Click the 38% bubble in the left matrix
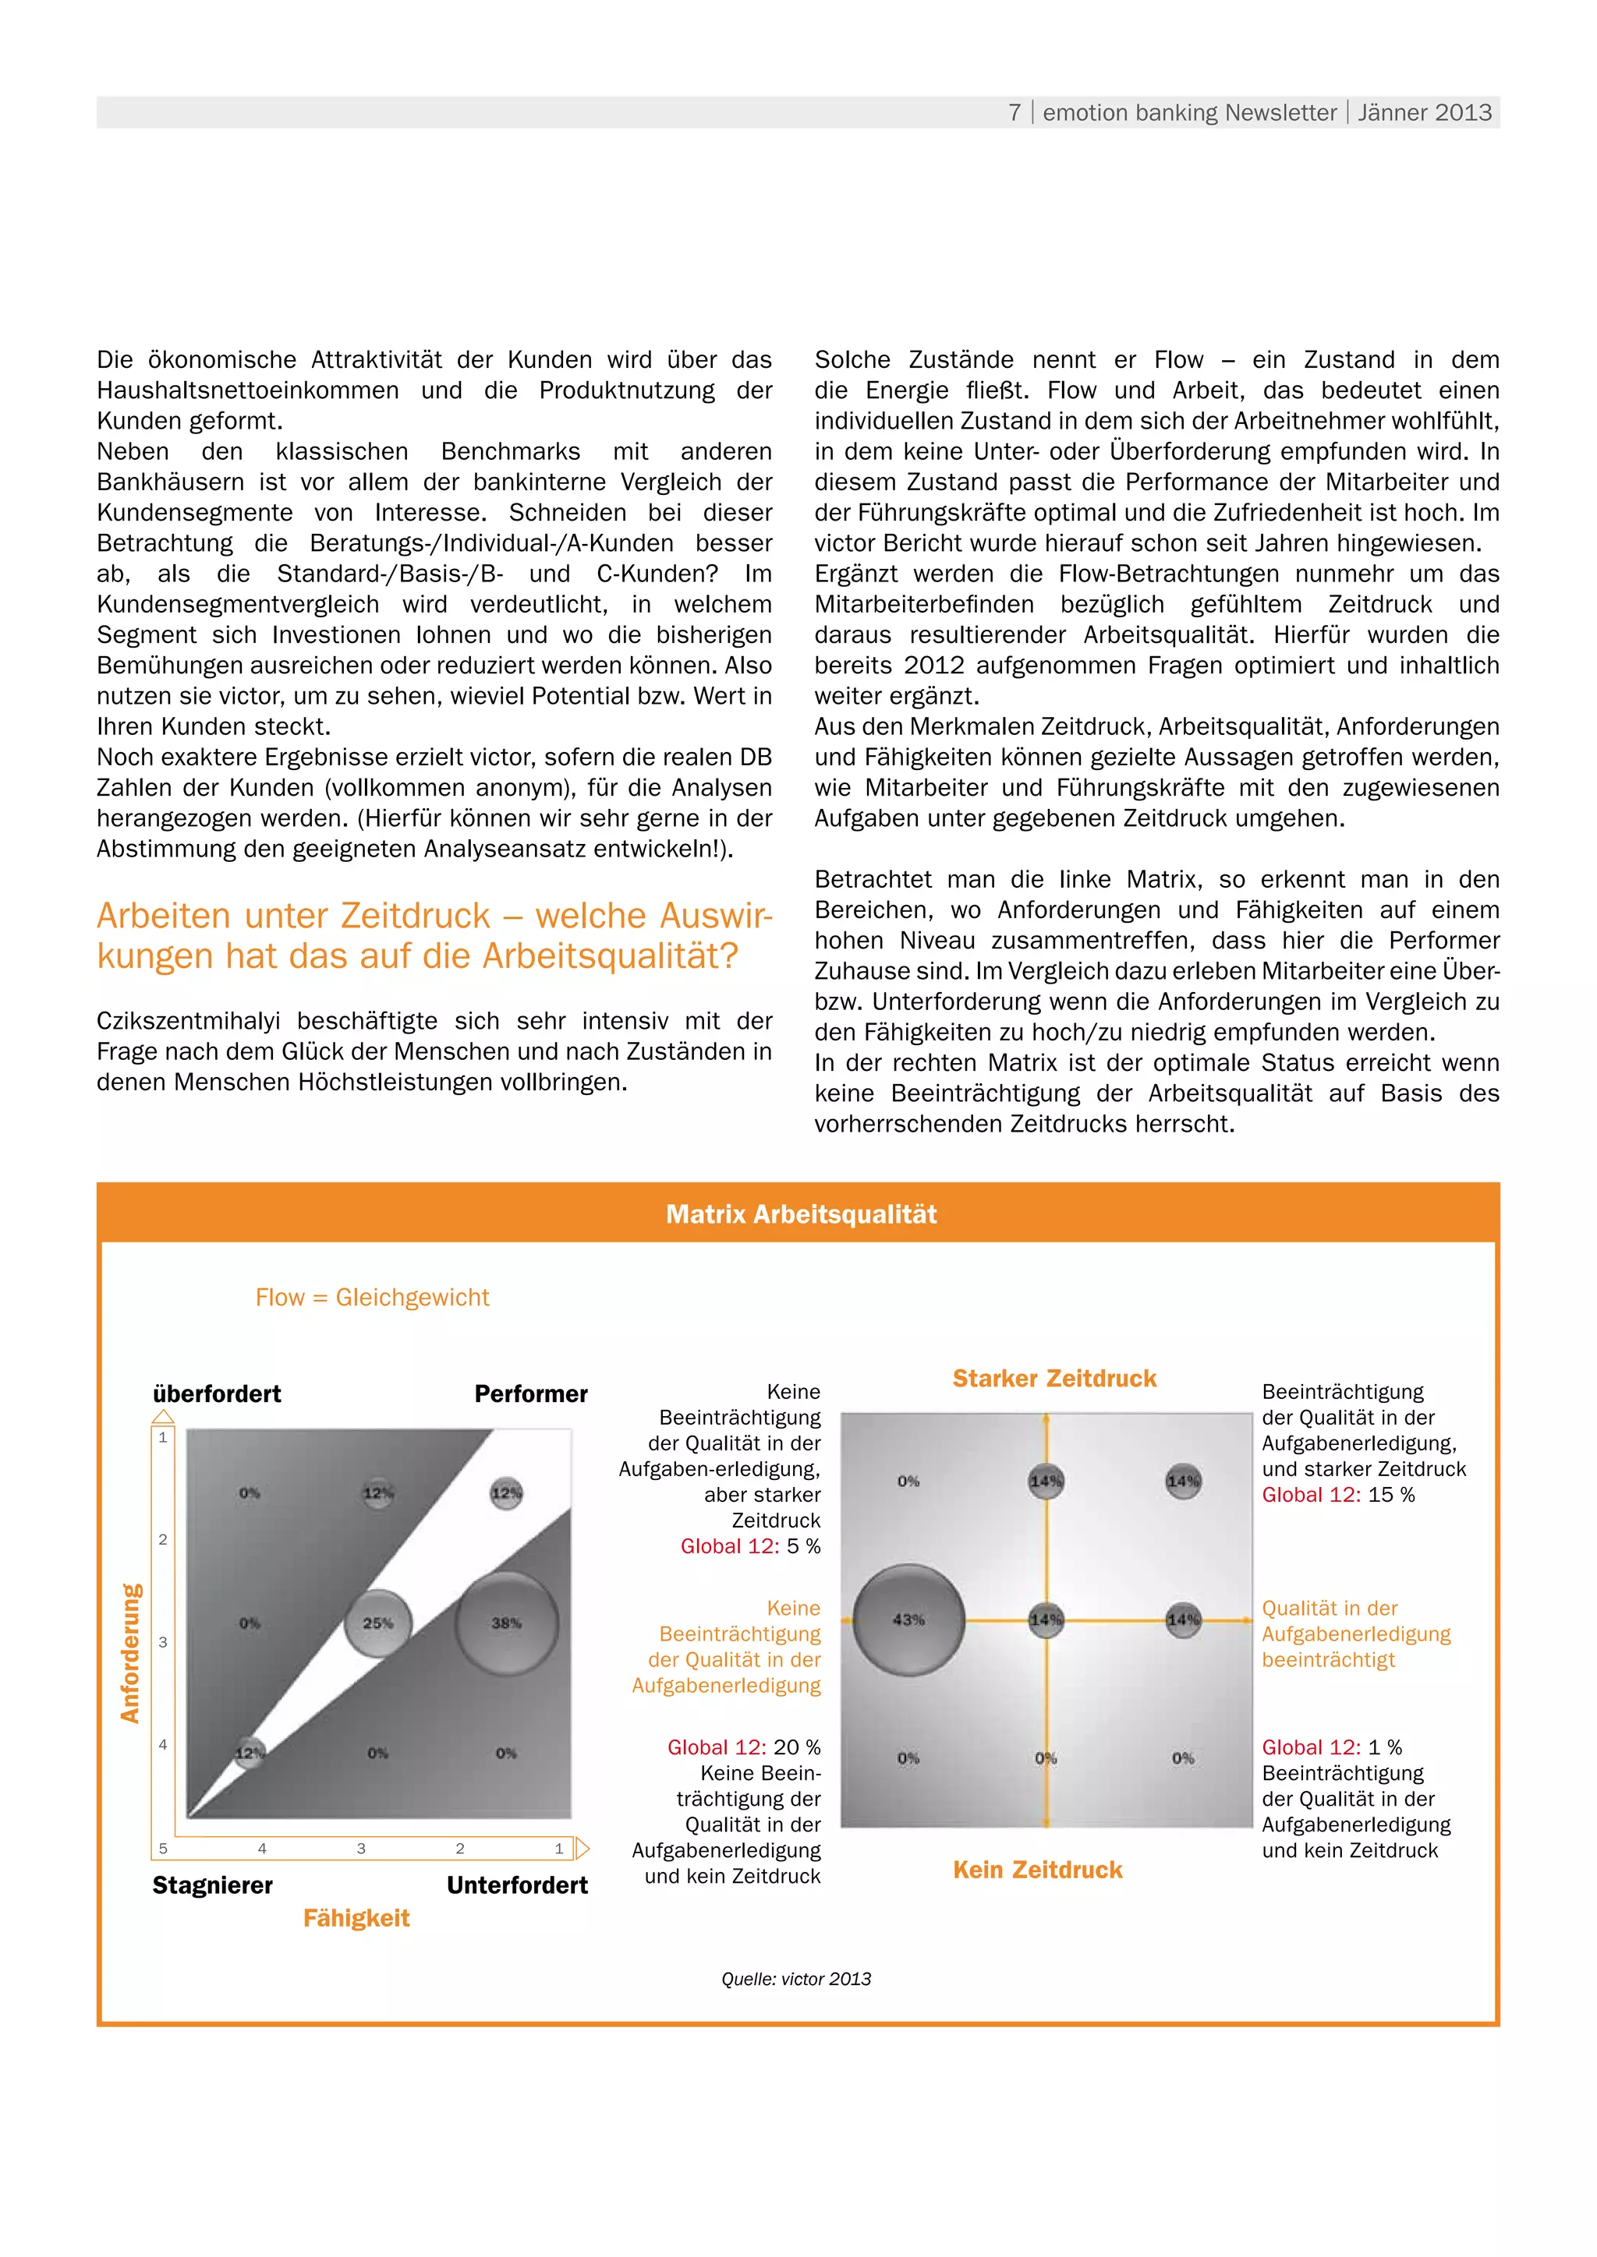pos(506,1623)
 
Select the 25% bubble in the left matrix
pos(377,1623)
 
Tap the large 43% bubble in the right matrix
pos(908,1619)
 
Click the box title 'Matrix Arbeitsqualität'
pos(801,1214)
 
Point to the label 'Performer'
pos(530,1394)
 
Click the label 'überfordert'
pos(216,1394)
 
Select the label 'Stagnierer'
pos(212,1885)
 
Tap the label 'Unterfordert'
pos(517,1885)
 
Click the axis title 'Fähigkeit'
pos(356,1918)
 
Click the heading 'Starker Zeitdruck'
pos(1054,1378)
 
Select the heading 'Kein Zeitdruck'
pos(1037,1870)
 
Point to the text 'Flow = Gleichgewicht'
pos(372,1298)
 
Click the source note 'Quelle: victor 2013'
pos(795,1979)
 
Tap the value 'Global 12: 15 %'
pos(1337,1495)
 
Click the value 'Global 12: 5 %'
pos(750,1546)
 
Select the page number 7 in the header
pos(1015,113)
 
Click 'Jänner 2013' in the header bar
pos(1424,113)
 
